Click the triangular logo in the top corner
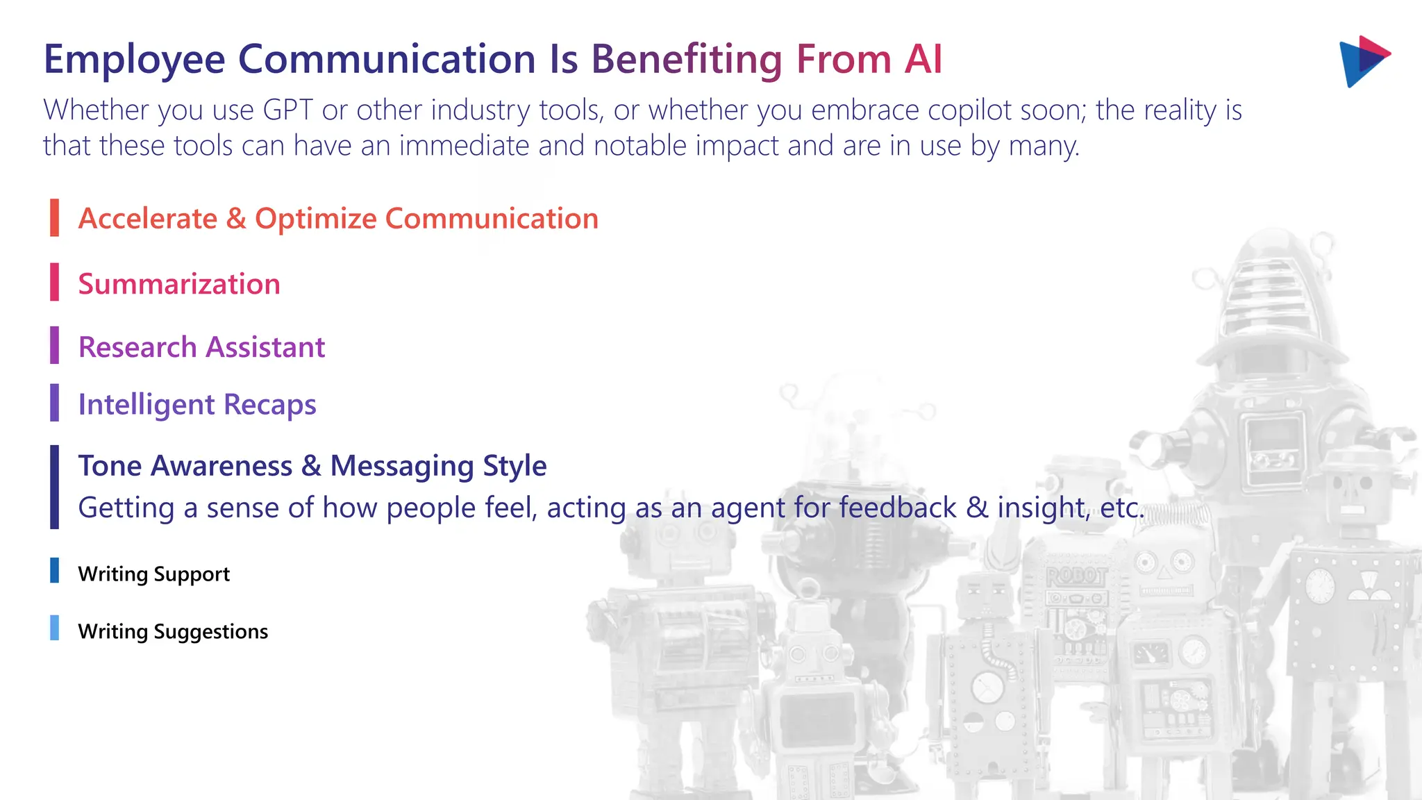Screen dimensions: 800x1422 (1362, 61)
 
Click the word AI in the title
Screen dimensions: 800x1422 (923, 59)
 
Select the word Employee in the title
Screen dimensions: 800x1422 (134, 60)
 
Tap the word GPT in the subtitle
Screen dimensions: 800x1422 (288, 110)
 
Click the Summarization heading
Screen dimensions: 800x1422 (179, 284)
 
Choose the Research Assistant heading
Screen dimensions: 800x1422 (201, 347)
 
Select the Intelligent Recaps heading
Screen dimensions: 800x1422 (197, 405)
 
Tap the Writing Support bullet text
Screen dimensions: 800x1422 (153, 574)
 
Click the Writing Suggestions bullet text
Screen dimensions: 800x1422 (173, 632)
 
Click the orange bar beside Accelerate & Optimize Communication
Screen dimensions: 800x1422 (54, 217)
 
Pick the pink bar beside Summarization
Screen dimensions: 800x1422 (54, 282)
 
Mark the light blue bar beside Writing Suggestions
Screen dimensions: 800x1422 (54, 628)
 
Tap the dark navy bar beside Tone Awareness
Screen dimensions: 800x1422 (54, 487)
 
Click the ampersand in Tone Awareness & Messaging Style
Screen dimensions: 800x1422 (311, 466)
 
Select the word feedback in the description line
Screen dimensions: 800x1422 (897, 508)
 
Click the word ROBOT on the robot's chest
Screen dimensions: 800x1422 (1076, 576)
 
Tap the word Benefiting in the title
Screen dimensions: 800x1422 (687, 60)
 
